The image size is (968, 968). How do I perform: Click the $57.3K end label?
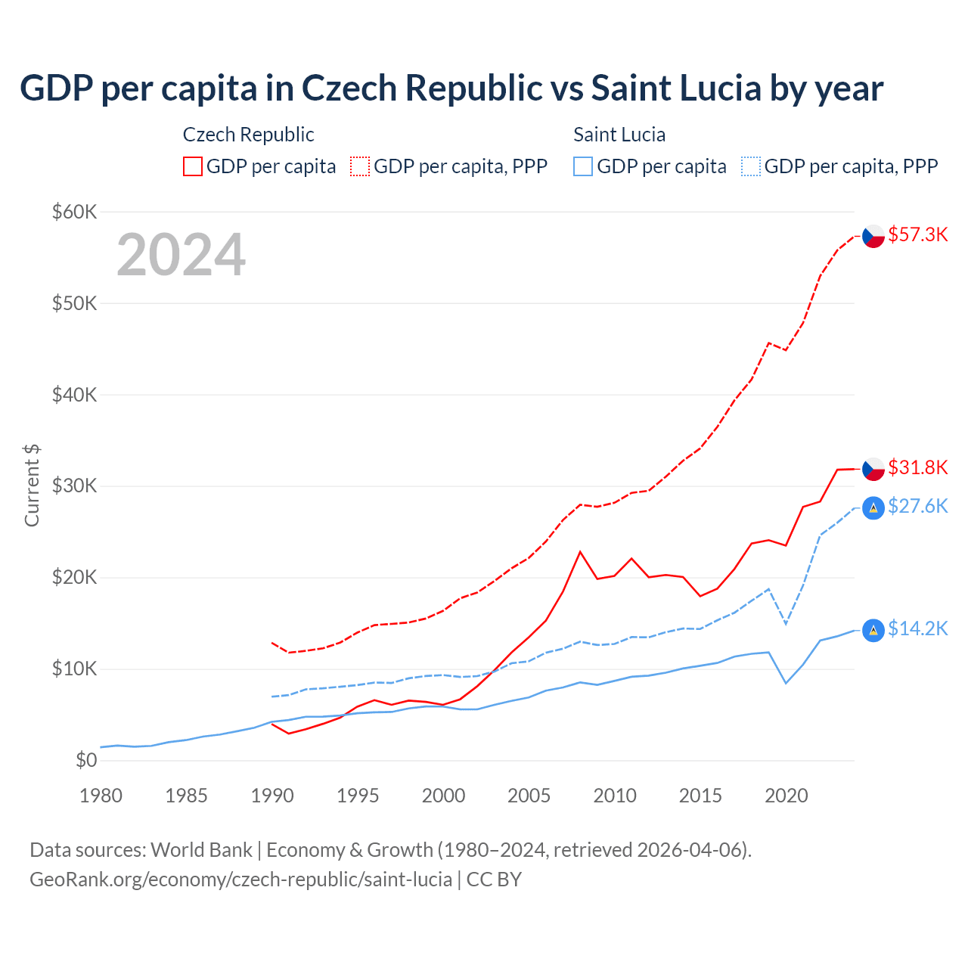(917, 234)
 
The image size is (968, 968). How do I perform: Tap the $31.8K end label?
(917, 467)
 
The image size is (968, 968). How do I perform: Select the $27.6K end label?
(917, 506)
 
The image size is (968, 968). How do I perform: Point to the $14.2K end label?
(917, 628)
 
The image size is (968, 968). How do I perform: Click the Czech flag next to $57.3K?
(873, 236)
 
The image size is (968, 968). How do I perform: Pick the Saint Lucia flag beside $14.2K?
(873, 630)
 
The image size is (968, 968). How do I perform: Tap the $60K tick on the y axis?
(74, 212)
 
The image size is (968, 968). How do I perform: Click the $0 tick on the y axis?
(86, 760)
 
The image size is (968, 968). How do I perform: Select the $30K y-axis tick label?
(74, 486)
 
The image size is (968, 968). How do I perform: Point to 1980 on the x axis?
(101, 796)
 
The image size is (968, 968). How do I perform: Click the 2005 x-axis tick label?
(529, 796)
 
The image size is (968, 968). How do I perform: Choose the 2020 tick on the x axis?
(786, 796)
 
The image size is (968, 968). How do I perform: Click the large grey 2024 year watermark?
(181, 255)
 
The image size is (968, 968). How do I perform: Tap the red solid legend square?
(193, 166)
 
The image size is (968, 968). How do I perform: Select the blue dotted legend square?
(751, 166)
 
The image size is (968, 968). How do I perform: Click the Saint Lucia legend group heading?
(619, 135)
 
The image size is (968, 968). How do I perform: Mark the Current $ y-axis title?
(32, 486)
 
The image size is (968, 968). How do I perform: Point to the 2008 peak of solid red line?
(580, 551)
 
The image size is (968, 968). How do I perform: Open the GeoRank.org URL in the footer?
(240, 880)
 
